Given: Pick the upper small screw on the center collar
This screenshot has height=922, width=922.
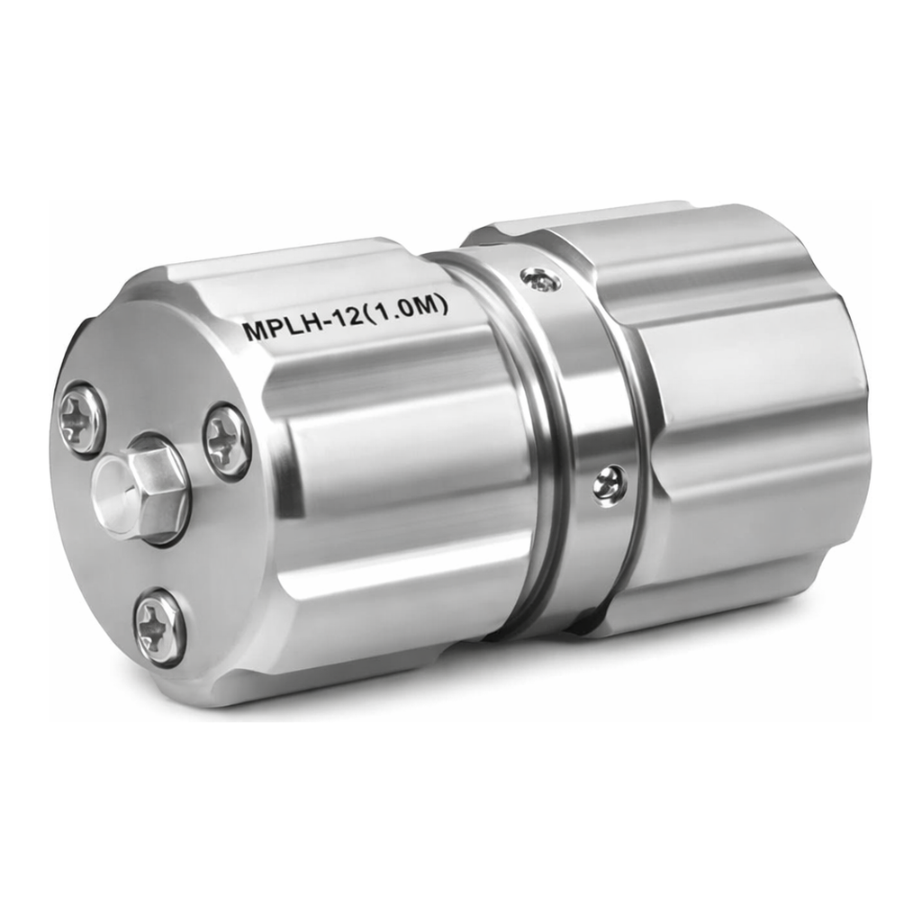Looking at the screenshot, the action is [540, 281].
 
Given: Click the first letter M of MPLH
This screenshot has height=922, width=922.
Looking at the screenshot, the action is [257, 330].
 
